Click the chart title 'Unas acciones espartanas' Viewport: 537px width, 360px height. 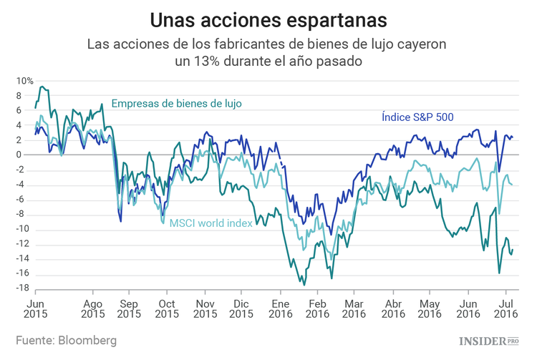(268, 17)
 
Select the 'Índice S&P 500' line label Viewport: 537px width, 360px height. (417, 117)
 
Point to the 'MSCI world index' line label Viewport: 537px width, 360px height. (210, 223)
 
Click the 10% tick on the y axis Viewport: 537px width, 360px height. (25, 81)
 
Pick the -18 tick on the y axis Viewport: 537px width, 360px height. (24, 288)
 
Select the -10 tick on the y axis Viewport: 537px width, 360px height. (24, 229)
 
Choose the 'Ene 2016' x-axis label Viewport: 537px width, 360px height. (280, 308)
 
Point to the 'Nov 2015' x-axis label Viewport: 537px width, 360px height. (205, 308)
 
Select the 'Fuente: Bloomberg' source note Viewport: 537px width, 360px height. (66, 339)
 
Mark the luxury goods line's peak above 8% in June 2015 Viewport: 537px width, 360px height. (42, 87)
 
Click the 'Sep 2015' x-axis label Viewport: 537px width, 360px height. (129, 308)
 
